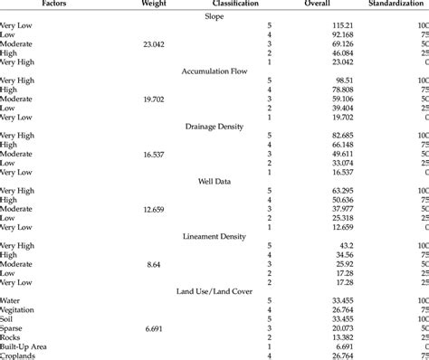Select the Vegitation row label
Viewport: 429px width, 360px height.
(20, 308)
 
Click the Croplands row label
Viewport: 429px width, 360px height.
(20, 355)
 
